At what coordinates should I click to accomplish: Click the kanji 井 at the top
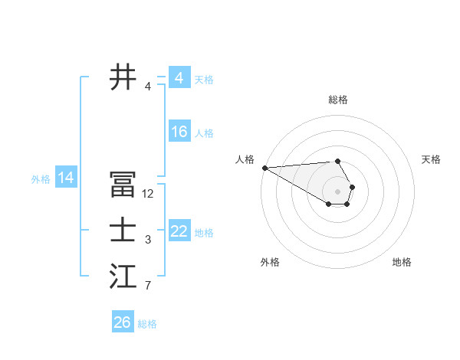pyautogui.click(x=123, y=77)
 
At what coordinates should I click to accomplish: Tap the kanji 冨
pyautogui.click(x=123, y=187)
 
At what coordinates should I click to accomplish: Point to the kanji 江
pyautogui.click(x=123, y=277)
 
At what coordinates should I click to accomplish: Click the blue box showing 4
pyautogui.click(x=179, y=78)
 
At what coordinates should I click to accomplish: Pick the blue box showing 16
pyautogui.click(x=179, y=132)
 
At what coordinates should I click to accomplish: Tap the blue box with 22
pyautogui.click(x=179, y=231)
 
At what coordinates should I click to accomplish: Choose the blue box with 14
pyautogui.click(x=65, y=178)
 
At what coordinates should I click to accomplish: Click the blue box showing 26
pyautogui.click(x=122, y=322)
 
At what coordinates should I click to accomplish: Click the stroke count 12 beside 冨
pyautogui.click(x=148, y=194)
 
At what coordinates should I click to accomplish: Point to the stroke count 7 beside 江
pyautogui.click(x=148, y=286)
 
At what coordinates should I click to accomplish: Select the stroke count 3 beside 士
pyautogui.click(x=148, y=240)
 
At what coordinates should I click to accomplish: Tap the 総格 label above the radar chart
pyautogui.click(x=338, y=100)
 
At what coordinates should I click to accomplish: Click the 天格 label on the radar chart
pyautogui.click(x=432, y=159)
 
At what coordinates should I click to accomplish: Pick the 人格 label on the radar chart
pyautogui.click(x=245, y=159)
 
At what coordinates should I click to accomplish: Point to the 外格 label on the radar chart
pyautogui.click(x=270, y=262)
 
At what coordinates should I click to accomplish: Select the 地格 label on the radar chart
pyautogui.click(x=402, y=262)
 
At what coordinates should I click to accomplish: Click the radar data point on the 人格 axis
pyautogui.click(x=264, y=168)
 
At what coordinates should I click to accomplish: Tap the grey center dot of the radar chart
pyautogui.click(x=338, y=191)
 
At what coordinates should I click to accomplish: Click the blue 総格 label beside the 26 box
pyautogui.click(x=147, y=324)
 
